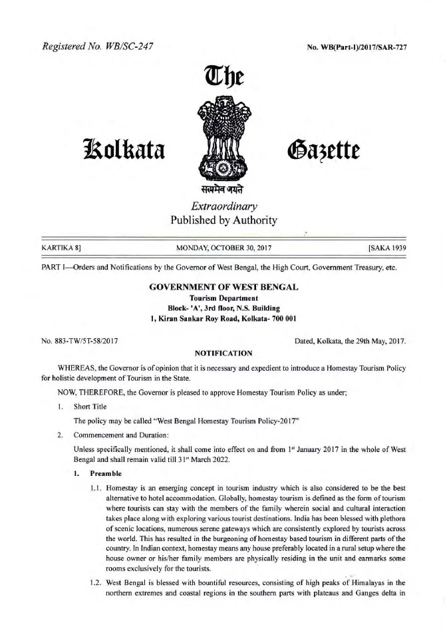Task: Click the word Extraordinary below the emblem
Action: pyautogui.click(x=223, y=207)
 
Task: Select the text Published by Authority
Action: pyautogui.click(x=223, y=220)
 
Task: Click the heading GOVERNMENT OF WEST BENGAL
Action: pyautogui.click(x=223, y=287)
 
